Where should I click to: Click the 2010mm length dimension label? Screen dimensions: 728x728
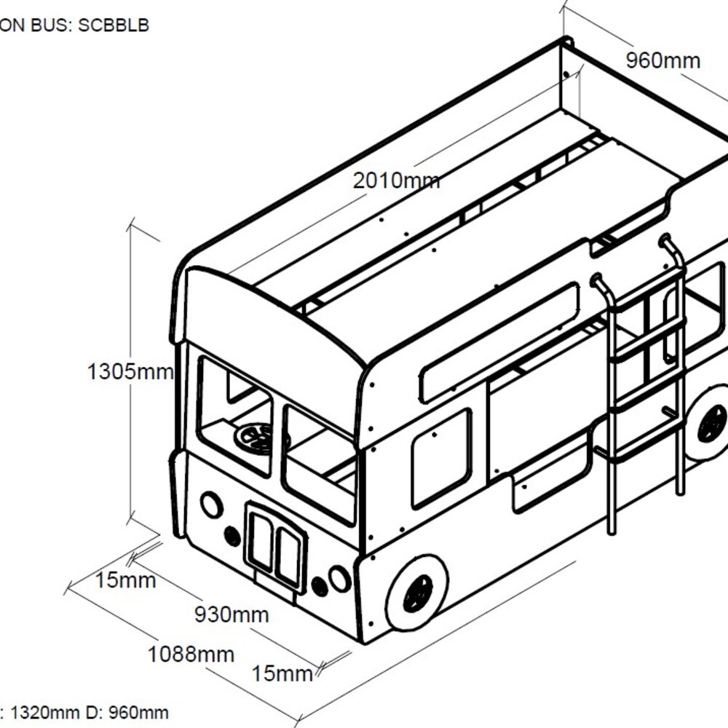[396, 180]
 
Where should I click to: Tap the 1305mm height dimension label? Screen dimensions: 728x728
[130, 372]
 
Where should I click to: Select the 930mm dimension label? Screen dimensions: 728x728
[231, 614]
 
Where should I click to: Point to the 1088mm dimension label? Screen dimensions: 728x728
[191, 654]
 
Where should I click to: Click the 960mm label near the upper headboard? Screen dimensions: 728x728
[663, 60]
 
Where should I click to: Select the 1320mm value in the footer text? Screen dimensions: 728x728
[46, 712]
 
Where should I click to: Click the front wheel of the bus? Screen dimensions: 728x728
[416, 592]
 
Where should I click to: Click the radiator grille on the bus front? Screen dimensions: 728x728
[275, 545]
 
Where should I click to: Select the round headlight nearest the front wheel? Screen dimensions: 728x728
[339, 578]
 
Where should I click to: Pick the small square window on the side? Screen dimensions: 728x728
[440, 458]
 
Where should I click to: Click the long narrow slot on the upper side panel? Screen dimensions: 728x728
[499, 343]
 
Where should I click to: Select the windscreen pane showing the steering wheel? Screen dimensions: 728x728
[234, 415]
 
